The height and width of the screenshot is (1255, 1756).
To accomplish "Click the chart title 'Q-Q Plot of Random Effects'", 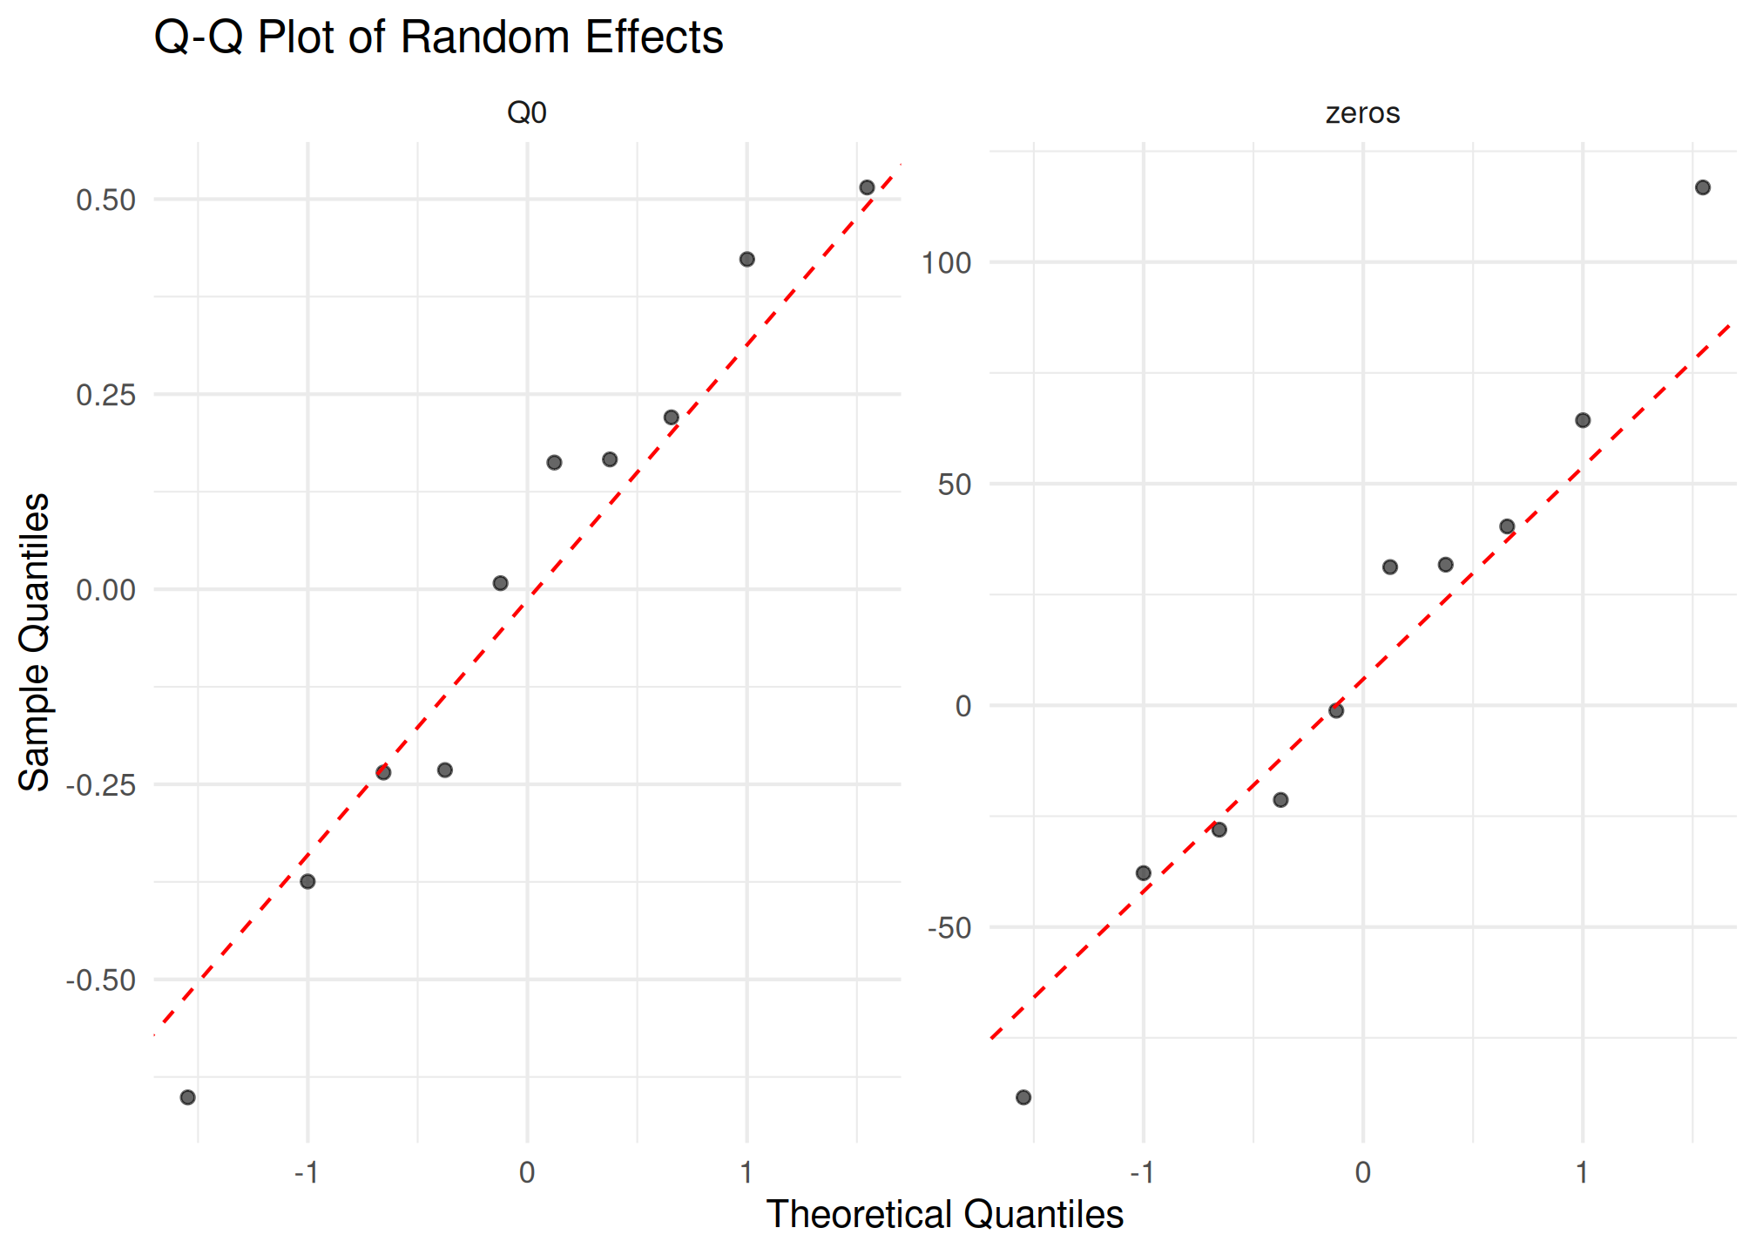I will (x=438, y=37).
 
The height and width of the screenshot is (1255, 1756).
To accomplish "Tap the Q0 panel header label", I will (x=527, y=112).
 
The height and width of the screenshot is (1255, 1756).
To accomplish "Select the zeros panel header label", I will (x=1362, y=112).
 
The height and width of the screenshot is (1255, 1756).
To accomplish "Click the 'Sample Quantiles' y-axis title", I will (x=34, y=641).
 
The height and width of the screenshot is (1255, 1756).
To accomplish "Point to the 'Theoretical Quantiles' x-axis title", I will (x=944, y=1214).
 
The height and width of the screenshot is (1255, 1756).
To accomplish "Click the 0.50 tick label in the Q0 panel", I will (x=106, y=200).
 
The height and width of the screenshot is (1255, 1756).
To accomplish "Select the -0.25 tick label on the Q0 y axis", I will (x=101, y=784).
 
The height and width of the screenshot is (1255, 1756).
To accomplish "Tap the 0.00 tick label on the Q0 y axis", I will (x=106, y=590).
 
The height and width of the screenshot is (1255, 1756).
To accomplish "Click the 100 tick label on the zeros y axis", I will (x=946, y=262).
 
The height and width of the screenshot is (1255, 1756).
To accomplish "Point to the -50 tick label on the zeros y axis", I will (x=949, y=928).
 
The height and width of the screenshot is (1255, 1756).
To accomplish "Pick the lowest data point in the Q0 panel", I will (x=187, y=1097).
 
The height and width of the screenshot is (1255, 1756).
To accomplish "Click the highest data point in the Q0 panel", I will (x=867, y=187).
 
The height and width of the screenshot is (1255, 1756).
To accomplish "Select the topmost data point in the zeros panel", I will (x=1703, y=187).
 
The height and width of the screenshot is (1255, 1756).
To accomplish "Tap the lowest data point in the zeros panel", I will (x=1023, y=1097).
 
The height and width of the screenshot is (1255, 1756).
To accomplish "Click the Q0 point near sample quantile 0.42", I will (x=746, y=260).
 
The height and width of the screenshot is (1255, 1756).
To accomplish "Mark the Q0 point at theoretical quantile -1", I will (x=307, y=882).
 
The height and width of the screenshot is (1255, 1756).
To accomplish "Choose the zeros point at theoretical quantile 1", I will (x=1583, y=420).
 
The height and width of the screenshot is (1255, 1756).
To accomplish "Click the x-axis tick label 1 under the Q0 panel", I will (x=746, y=1172).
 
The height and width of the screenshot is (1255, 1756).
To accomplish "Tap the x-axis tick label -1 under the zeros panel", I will (x=1142, y=1172).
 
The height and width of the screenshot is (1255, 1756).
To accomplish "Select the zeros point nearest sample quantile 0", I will (x=1336, y=710).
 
